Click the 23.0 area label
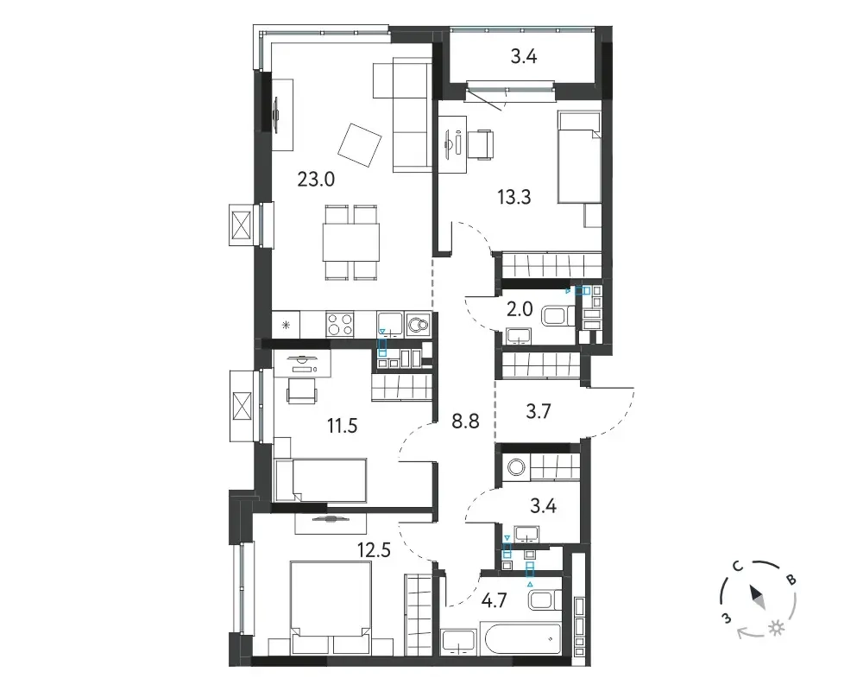(x=316, y=179)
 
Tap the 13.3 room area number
(x=514, y=197)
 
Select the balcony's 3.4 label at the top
(x=524, y=56)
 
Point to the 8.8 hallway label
(x=465, y=422)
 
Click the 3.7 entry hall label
(x=539, y=411)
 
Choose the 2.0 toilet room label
(x=520, y=309)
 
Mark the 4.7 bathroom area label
(x=493, y=599)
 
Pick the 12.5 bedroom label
(x=374, y=550)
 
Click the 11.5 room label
(x=343, y=426)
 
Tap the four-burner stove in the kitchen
(x=339, y=324)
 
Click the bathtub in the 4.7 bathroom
(x=520, y=640)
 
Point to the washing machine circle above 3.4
(x=517, y=468)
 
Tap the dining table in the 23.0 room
(x=350, y=243)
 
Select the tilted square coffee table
(x=359, y=145)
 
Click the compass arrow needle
(x=756, y=597)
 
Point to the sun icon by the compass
(x=777, y=628)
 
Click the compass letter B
(x=791, y=580)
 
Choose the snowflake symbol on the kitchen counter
(x=286, y=325)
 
